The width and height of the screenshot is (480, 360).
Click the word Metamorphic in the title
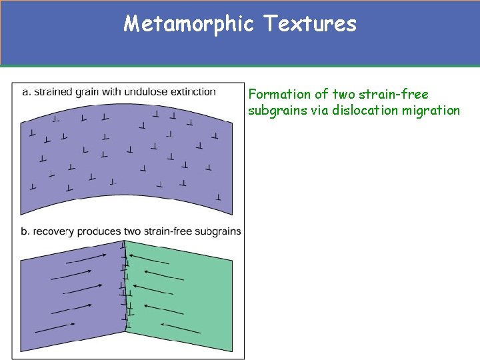(x=189, y=25)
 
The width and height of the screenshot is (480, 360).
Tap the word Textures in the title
(x=310, y=25)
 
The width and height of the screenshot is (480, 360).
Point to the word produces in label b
(x=99, y=231)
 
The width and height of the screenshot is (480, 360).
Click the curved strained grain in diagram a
(x=127, y=160)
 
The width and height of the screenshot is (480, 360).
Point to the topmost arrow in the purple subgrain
(x=87, y=257)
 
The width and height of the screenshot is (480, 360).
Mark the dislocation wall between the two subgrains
(x=125, y=287)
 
